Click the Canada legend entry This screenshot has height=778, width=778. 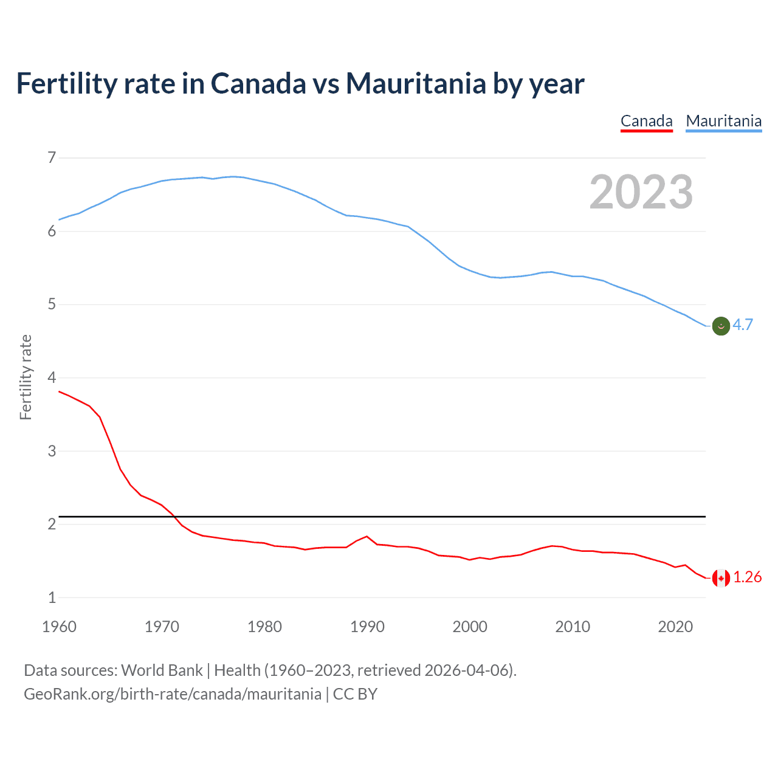pos(646,121)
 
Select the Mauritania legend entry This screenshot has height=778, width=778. pos(723,121)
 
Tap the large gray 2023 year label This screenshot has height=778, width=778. pos(641,192)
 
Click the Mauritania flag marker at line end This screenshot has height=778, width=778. pos(721,326)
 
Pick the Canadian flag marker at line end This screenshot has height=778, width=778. pos(721,578)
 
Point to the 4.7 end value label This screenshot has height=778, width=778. pos(743,325)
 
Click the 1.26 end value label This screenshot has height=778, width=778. pos(747,577)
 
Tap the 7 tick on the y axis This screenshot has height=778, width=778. pos(52,158)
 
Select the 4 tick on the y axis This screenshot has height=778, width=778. pos(52,377)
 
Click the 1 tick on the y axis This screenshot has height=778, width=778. pos(52,597)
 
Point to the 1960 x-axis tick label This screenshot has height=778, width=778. pos(59,627)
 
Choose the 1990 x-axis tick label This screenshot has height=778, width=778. pos(367,627)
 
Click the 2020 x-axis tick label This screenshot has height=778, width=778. pos(675,627)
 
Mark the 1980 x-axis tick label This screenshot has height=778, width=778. pos(264,627)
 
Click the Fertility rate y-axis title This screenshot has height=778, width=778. pos(26,377)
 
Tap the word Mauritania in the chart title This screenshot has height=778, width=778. pos(416,83)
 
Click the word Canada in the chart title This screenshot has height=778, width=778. pos(258,83)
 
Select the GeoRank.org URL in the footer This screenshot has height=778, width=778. pos(172,694)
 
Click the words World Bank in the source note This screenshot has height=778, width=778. pos(162,670)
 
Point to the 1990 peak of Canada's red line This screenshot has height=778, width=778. pos(367,536)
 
